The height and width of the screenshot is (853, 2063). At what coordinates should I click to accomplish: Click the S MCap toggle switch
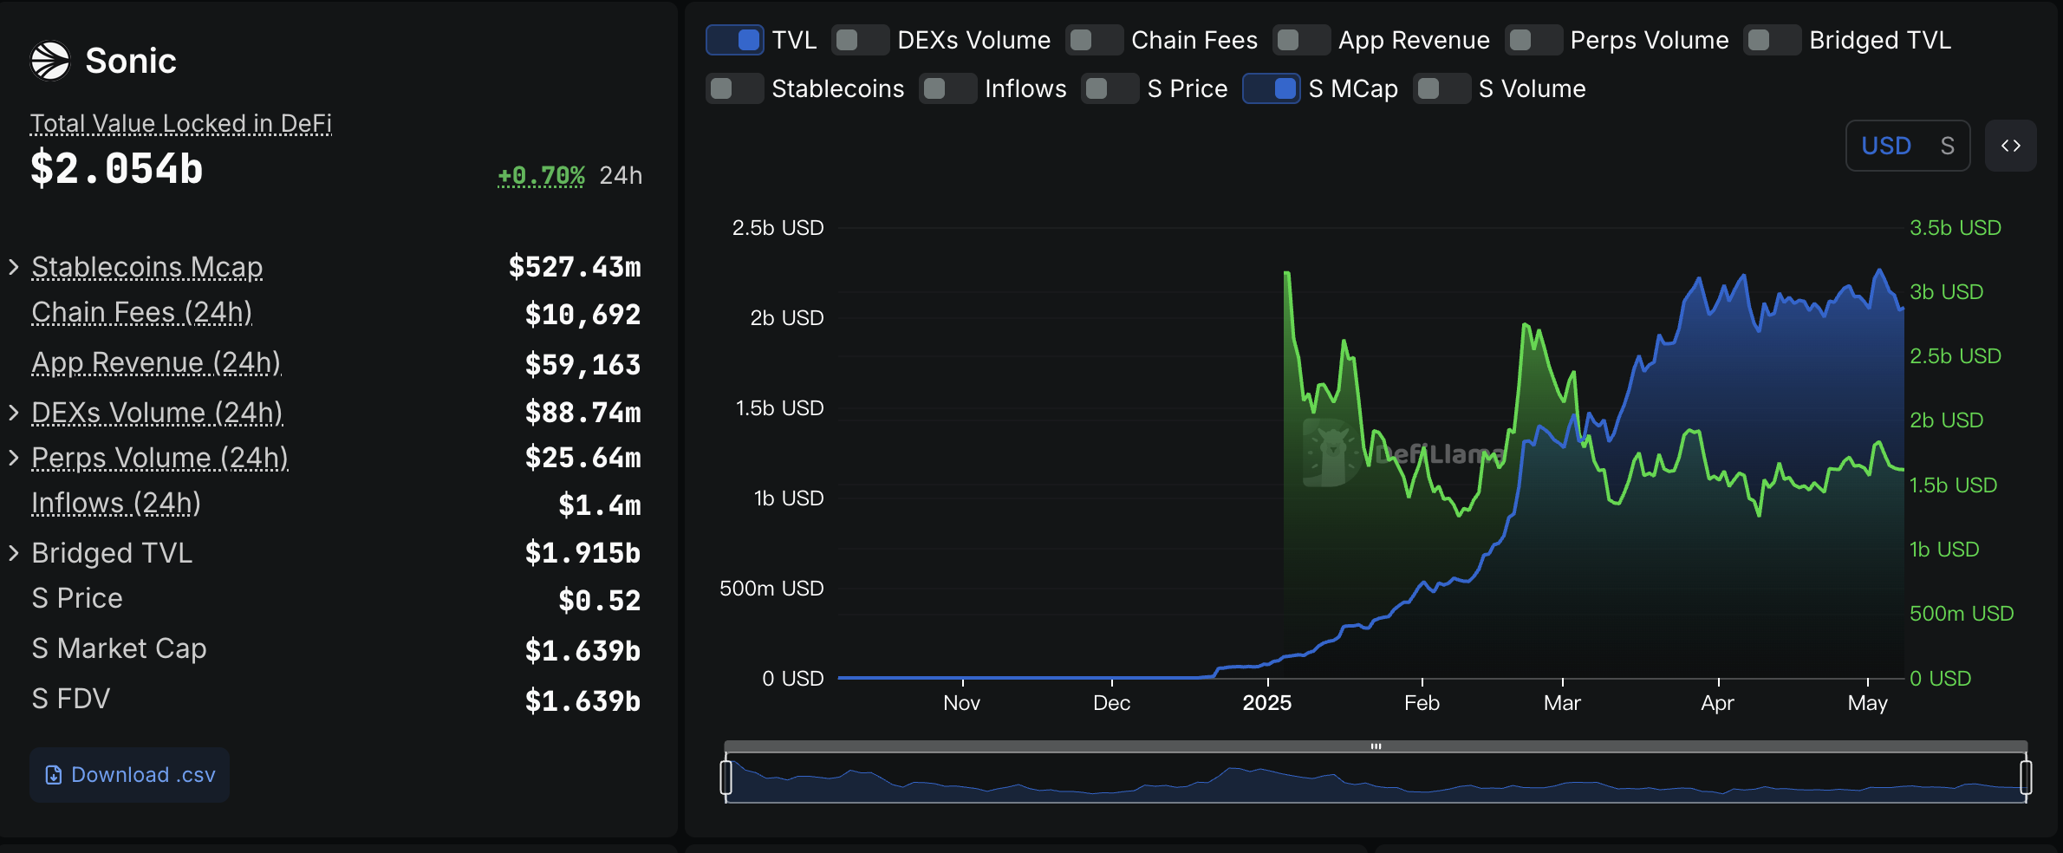point(1271,88)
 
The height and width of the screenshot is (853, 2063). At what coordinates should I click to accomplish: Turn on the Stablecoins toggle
point(734,88)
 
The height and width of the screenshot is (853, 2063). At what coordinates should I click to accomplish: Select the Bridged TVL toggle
point(1772,40)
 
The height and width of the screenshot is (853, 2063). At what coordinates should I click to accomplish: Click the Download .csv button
point(130,774)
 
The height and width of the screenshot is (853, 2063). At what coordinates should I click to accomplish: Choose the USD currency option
point(1885,146)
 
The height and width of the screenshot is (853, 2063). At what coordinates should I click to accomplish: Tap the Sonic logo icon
point(50,61)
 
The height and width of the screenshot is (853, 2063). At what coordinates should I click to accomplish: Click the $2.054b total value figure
point(117,168)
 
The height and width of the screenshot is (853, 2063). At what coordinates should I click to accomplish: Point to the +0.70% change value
point(541,175)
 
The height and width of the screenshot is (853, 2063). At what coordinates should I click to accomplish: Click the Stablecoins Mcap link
point(146,267)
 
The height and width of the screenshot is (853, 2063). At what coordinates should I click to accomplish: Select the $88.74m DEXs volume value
point(582,413)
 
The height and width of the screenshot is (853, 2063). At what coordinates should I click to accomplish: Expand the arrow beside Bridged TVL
point(14,553)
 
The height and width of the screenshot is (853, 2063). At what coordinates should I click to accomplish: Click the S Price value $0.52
point(599,600)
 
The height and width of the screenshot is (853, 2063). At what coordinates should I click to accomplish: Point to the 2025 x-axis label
point(1266,702)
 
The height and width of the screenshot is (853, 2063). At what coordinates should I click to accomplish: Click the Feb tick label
point(1422,702)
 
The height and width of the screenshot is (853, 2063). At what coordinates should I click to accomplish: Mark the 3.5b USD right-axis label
point(1955,228)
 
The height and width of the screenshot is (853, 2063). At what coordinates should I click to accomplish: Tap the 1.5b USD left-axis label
point(779,408)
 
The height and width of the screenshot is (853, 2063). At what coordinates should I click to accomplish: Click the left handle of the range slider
point(726,777)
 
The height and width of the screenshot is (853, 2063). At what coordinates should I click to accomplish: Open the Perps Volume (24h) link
point(159,458)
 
